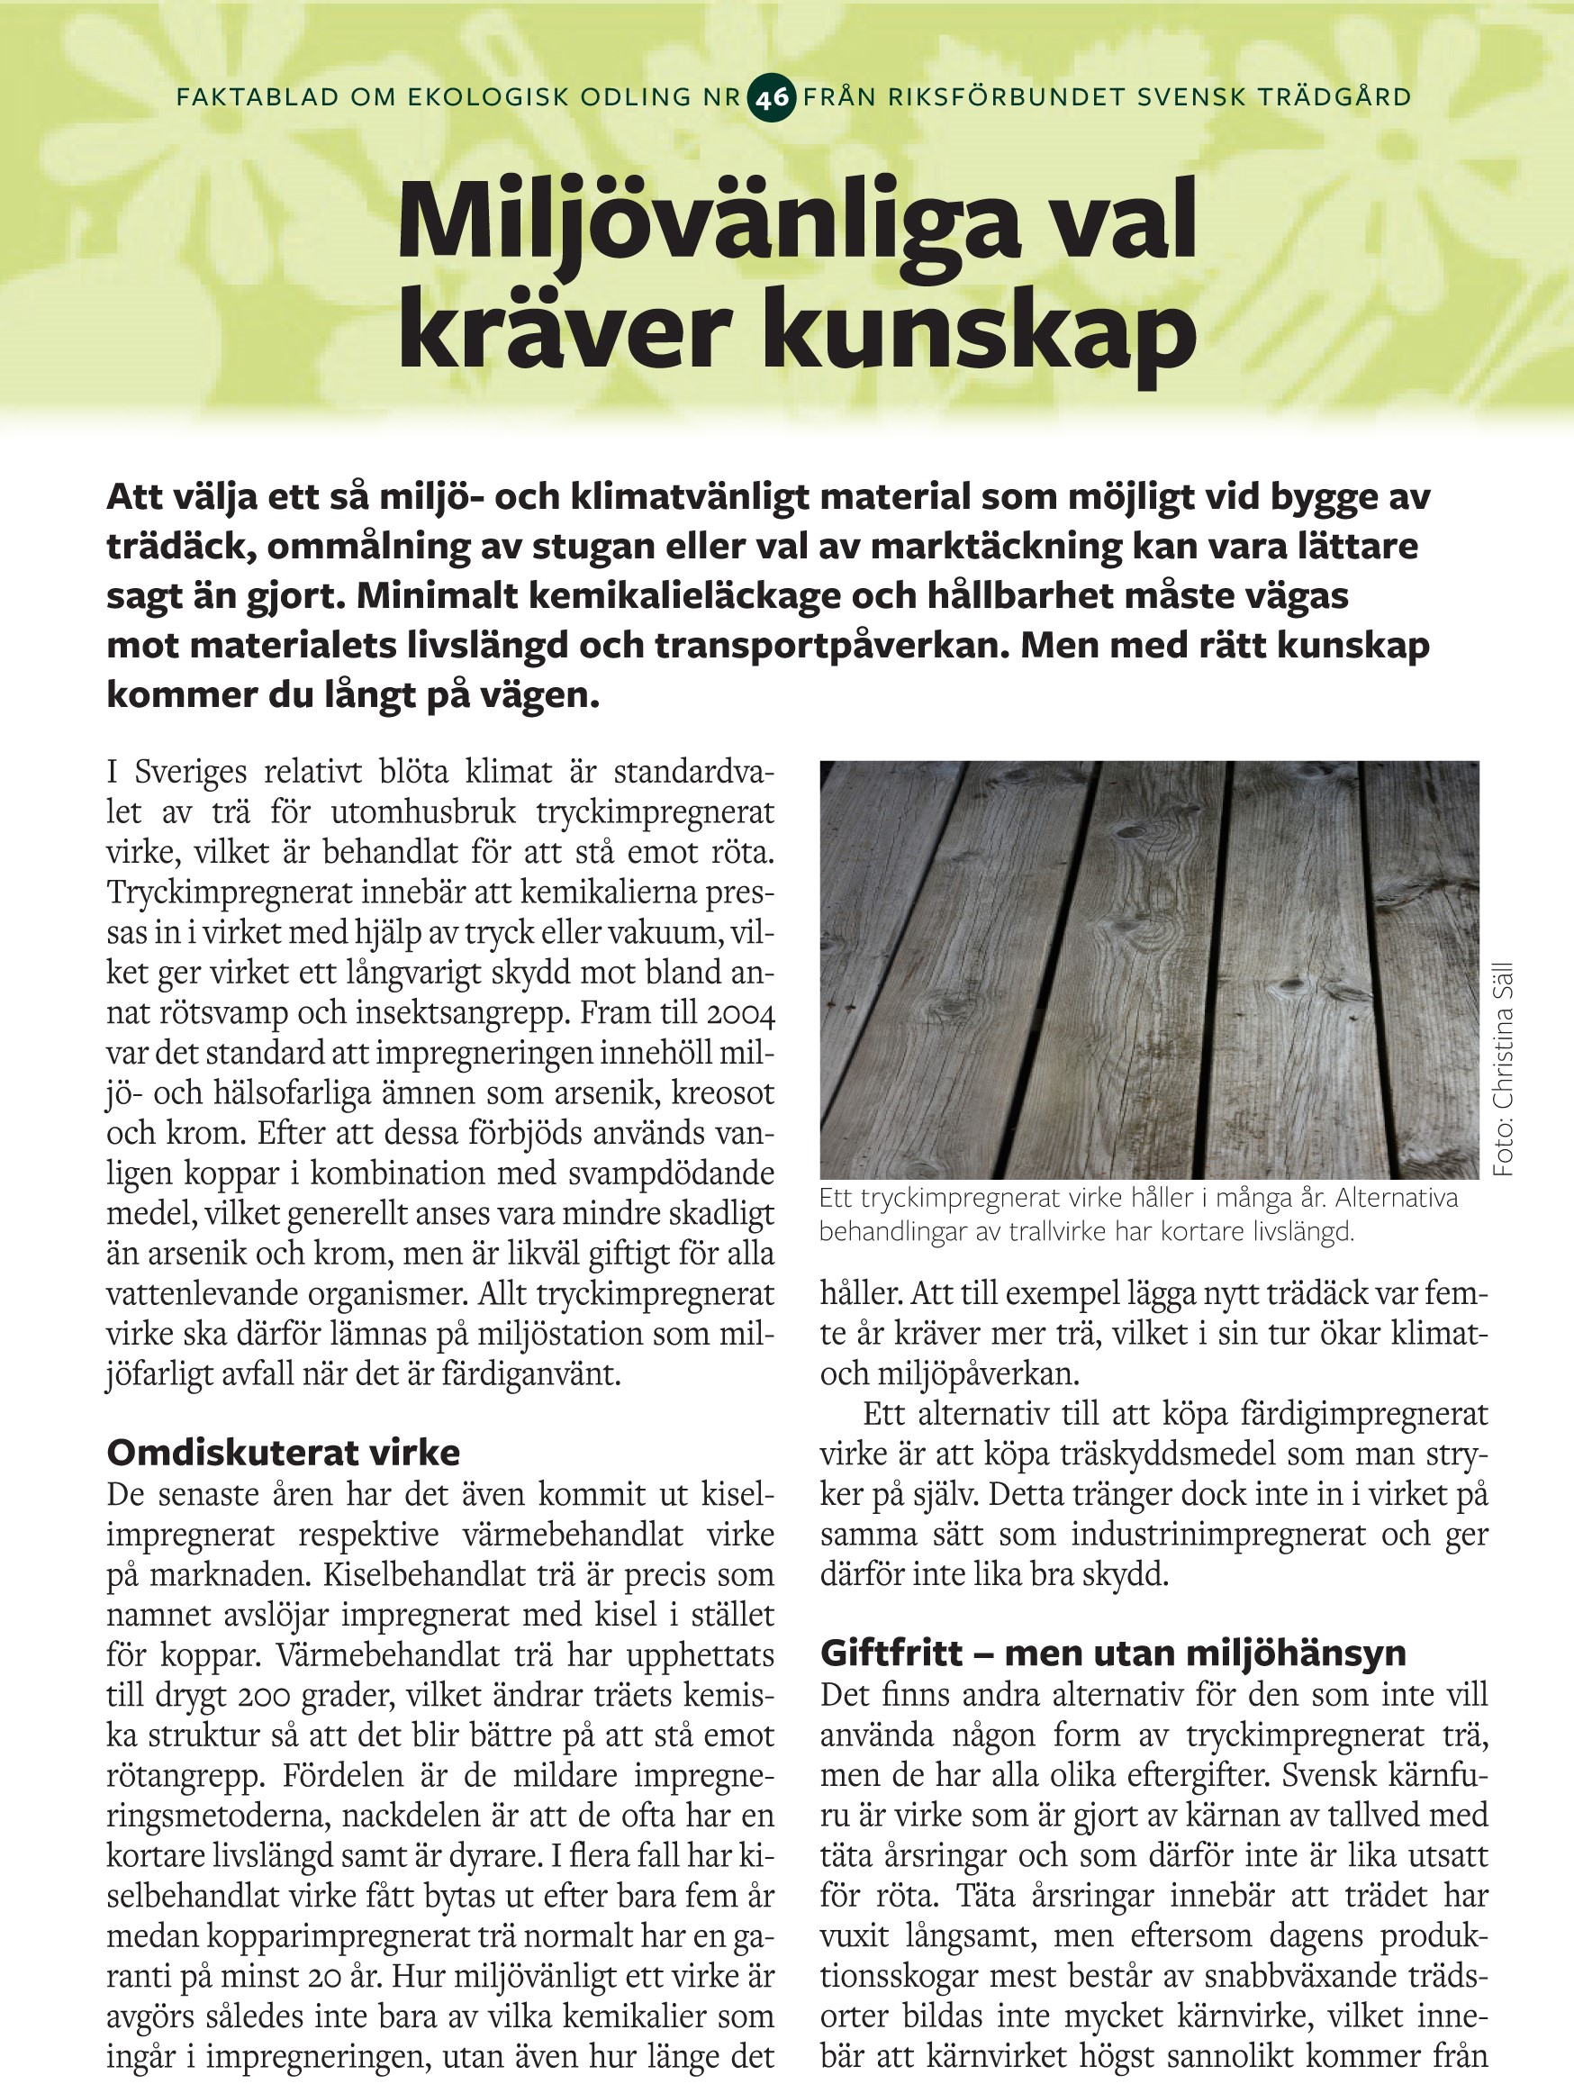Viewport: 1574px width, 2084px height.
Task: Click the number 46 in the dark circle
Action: click(x=772, y=98)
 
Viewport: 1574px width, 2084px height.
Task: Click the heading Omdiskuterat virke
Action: click(x=284, y=1453)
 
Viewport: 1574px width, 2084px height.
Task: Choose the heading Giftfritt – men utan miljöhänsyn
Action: click(x=1112, y=1653)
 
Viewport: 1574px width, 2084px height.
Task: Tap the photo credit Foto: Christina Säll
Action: click(x=1504, y=1069)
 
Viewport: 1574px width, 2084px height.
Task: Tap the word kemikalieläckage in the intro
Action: click(x=614, y=597)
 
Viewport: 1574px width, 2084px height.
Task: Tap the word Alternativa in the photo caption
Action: click(x=1397, y=1199)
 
